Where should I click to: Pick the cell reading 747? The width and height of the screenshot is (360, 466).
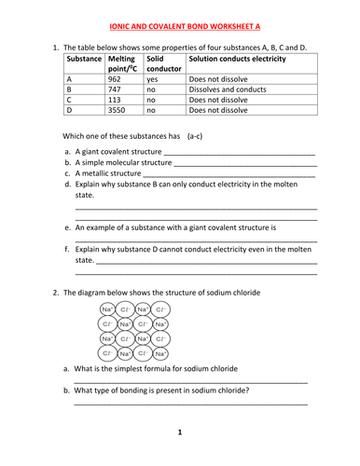click(117, 89)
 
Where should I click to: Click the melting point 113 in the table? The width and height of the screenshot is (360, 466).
click(117, 100)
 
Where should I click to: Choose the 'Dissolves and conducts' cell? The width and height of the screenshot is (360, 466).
click(227, 89)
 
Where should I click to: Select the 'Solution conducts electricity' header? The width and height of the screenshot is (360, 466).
click(237, 59)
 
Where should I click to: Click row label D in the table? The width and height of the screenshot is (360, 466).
click(70, 109)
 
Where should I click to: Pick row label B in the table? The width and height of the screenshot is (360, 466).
click(70, 89)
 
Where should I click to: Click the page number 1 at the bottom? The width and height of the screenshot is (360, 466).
click(179, 432)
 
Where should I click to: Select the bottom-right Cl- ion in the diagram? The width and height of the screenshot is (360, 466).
click(160, 354)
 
